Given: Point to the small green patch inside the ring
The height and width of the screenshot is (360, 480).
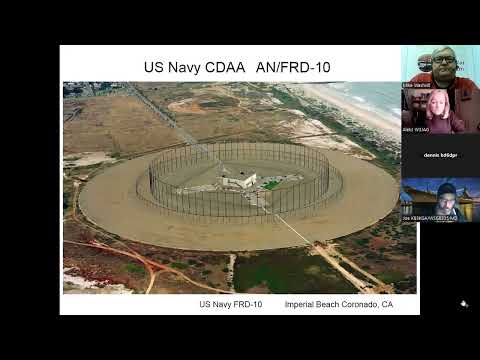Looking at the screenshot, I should coord(269,184).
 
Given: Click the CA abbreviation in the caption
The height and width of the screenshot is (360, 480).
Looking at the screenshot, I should coord(386,303).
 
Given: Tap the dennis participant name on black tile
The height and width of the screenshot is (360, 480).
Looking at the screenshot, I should coord(440,156).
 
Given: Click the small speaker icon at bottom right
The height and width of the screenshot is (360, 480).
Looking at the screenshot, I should coord(463,304).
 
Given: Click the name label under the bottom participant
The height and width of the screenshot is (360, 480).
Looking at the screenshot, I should coord(429,217).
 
